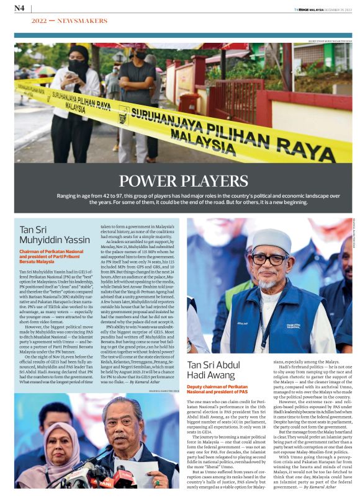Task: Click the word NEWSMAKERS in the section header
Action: [83, 20]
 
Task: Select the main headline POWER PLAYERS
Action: [179, 180]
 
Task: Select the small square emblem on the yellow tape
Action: [124, 115]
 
